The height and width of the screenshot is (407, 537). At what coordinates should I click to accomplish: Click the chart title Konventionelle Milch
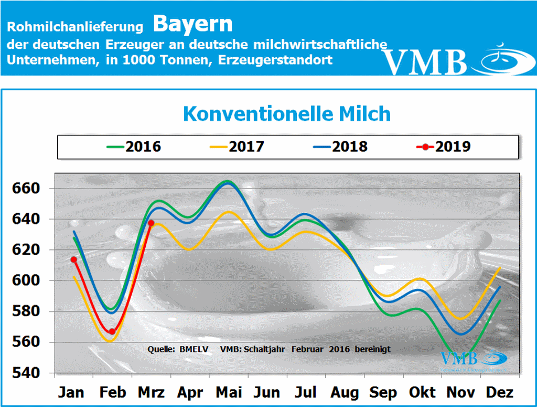pos(286,113)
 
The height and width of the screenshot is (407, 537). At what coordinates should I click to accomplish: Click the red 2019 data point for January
pos(74,259)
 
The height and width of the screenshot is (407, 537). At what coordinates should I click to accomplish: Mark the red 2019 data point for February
pos(112,331)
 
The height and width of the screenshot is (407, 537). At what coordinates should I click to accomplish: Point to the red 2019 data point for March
pos(151,223)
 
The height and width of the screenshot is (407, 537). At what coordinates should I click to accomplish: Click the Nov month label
pos(460,392)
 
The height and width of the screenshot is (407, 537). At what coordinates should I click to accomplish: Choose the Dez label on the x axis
pos(499,392)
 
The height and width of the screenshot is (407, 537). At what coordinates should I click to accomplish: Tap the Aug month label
pos(344,392)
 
